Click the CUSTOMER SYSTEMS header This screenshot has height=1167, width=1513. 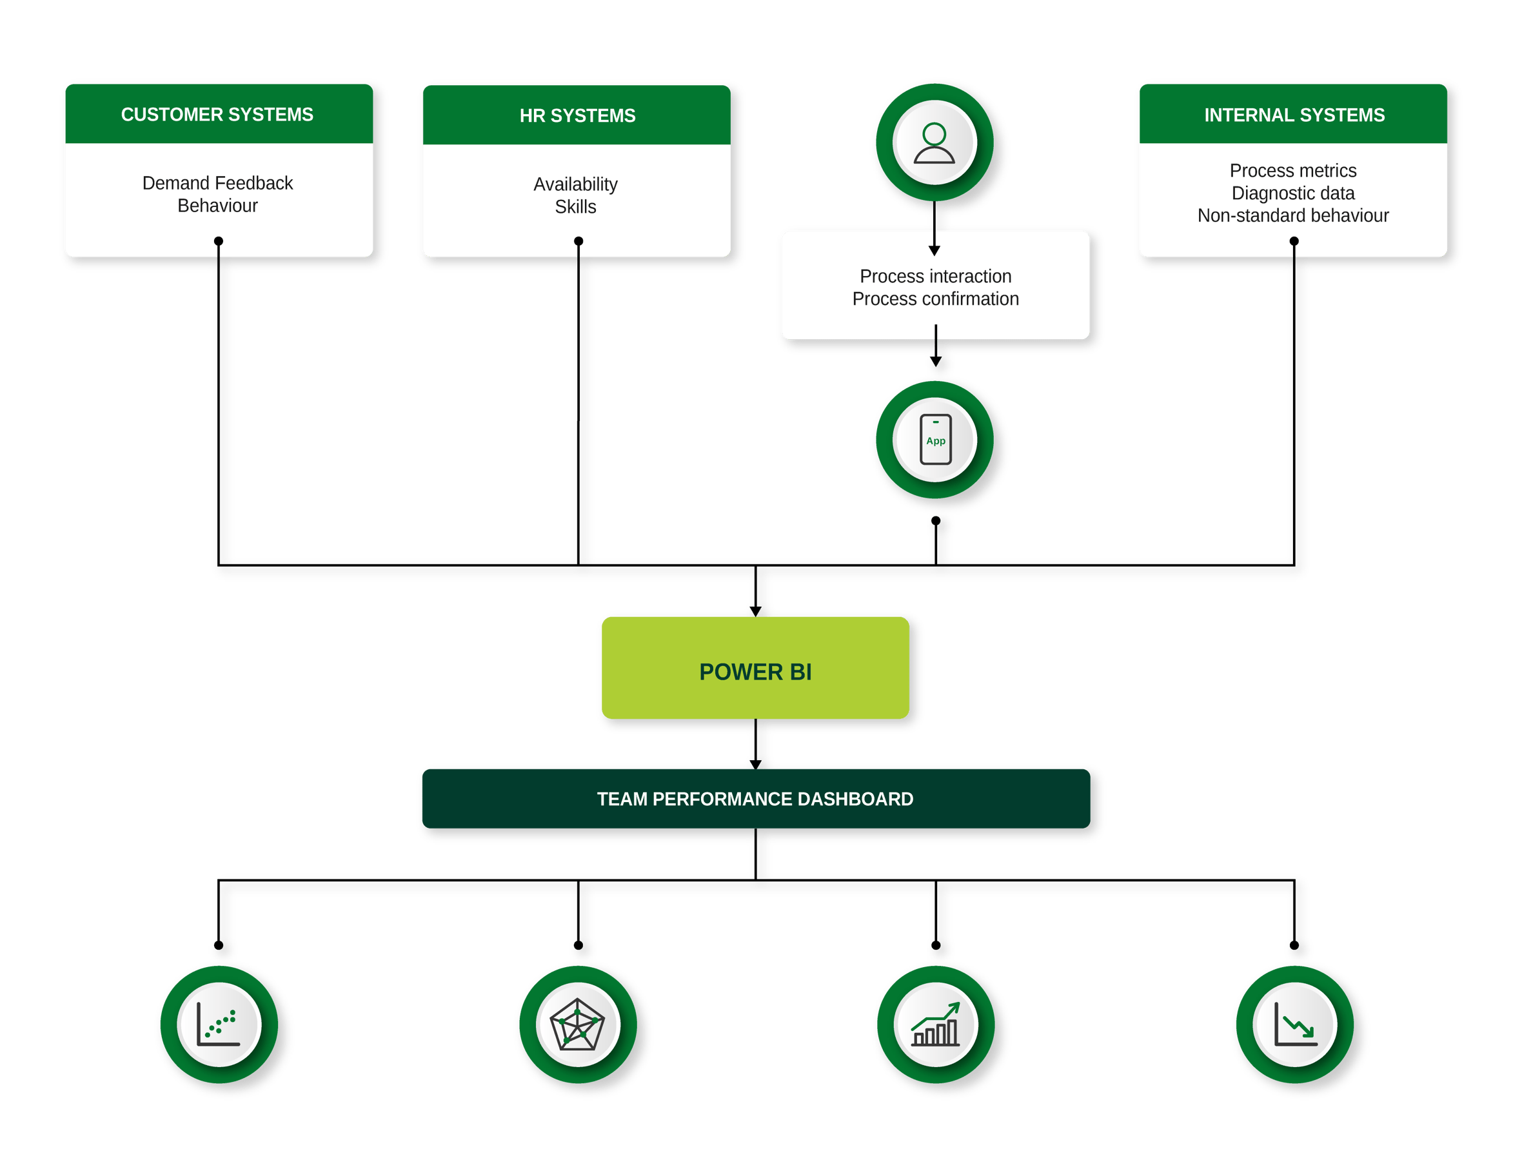pyautogui.click(x=217, y=114)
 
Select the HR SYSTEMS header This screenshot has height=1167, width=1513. pyautogui.click(x=577, y=115)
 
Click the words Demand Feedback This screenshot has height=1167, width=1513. pyautogui.click(x=217, y=183)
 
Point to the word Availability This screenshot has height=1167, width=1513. pyautogui.click(x=575, y=184)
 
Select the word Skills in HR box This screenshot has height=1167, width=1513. pyautogui.click(x=575, y=207)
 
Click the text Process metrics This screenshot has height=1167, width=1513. pyautogui.click(x=1292, y=170)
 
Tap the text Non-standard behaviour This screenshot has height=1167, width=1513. pyautogui.click(x=1292, y=215)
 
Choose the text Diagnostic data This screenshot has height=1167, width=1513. pyautogui.click(x=1292, y=193)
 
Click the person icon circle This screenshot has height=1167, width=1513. pyautogui.click(x=934, y=143)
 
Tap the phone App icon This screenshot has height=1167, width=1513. pyautogui.click(x=935, y=440)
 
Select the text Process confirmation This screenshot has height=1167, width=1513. pyautogui.click(x=935, y=299)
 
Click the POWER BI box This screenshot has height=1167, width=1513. pyautogui.click(x=755, y=669)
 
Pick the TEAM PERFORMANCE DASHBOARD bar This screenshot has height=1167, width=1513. pyautogui.click(x=755, y=799)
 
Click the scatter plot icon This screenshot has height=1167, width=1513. pyautogui.click(x=219, y=1024)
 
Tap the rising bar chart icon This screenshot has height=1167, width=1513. pyautogui.click(x=935, y=1025)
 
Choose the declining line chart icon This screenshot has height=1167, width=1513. pyautogui.click(x=1294, y=1025)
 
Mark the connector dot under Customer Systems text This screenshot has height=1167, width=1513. pyautogui.click(x=218, y=241)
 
